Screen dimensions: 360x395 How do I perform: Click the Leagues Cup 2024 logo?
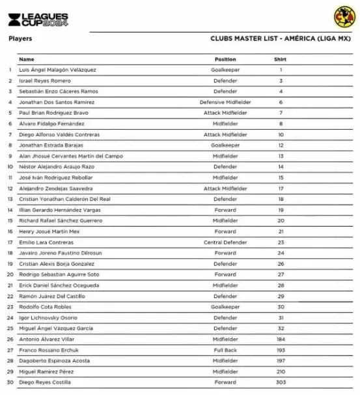[x=38, y=20]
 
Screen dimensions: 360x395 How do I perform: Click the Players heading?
[x=20, y=38]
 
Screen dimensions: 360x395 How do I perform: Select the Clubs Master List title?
[x=280, y=38]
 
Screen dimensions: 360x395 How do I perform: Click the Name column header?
[x=27, y=59]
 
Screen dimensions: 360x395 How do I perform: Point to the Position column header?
[x=225, y=59]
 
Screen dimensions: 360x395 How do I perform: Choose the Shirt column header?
[x=280, y=59]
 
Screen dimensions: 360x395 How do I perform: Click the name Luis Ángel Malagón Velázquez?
[x=57, y=69]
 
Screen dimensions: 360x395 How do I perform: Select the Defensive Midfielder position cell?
[x=225, y=102]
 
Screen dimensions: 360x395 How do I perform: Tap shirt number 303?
[x=281, y=382]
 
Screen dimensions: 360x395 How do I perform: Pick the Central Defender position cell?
[x=225, y=242]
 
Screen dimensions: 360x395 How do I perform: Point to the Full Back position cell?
[x=225, y=350]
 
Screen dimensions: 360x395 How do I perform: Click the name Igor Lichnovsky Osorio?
[x=49, y=317]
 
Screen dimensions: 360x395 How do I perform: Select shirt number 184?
[x=281, y=339]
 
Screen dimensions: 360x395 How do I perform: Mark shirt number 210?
[x=281, y=372]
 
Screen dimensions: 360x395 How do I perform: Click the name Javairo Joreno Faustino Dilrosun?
[x=60, y=253]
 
